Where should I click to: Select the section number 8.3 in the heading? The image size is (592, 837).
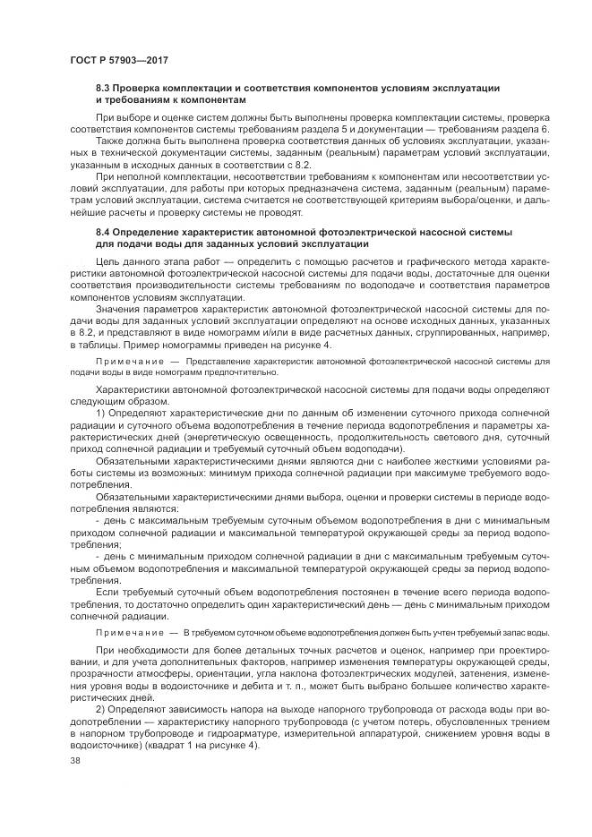pos(106,88)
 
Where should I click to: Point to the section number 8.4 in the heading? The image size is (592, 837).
pos(106,232)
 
